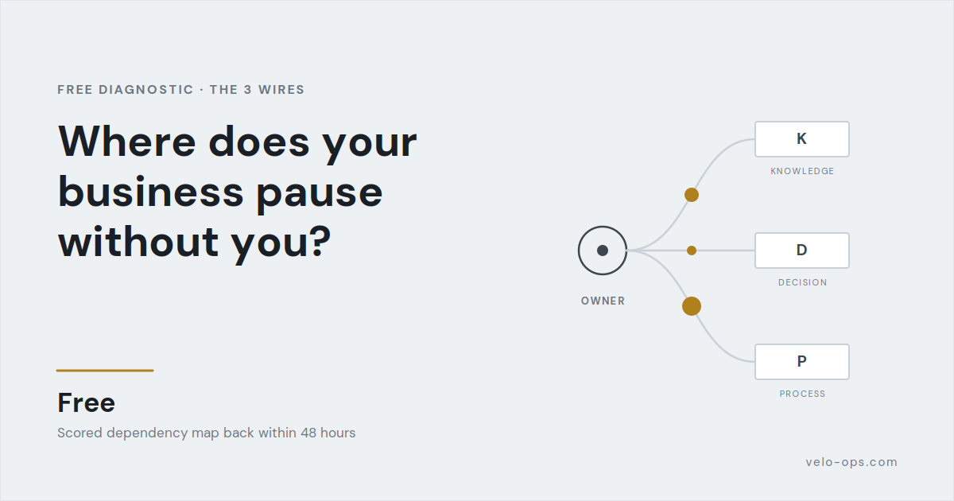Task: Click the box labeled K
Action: [x=802, y=139]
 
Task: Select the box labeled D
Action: [x=802, y=250]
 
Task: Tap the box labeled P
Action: [x=802, y=362]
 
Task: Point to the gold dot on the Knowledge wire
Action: [x=692, y=195]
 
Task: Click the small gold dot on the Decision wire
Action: [x=692, y=250]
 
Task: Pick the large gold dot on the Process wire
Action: [x=692, y=306]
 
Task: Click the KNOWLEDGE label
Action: [x=802, y=171]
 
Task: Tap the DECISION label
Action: [x=803, y=282]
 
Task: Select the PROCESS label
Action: [x=802, y=394]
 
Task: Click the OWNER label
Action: [x=603, y=301]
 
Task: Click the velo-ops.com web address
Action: [x=851, y=462]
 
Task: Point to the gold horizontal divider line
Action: [x=105, y=371]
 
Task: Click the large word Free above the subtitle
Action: [x=87, y=402]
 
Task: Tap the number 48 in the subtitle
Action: [x=308, y=433]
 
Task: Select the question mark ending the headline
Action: [x=321, y=241]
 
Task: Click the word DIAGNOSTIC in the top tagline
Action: [x=146, y=90]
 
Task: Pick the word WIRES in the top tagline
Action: [x=281, y=90]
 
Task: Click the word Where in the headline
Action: [x=127, y=142]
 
